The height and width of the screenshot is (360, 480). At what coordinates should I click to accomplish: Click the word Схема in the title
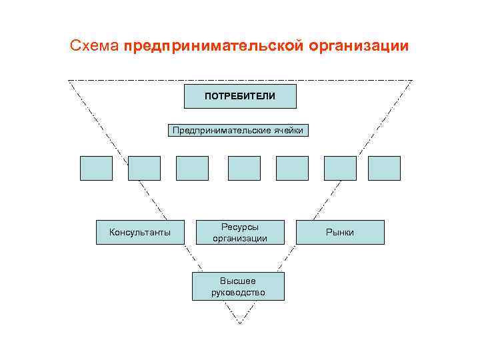(x=95, y=47)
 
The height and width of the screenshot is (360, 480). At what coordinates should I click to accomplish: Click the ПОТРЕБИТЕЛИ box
(x=240, y=97)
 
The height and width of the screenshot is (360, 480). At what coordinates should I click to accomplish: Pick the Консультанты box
(x=140, y=232)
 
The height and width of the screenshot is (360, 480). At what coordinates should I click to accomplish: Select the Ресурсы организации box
(x=240, y=232)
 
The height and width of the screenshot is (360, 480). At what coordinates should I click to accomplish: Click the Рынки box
(x=340, y=232)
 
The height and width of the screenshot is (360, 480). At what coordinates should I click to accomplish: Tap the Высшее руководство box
(x=238, y=286)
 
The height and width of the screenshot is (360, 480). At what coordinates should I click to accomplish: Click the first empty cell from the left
(x=96, y=168)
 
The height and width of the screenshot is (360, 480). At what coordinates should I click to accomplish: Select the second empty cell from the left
(x=144, y=168)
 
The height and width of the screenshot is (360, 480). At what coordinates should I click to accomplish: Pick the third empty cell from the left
(x=192, y=168)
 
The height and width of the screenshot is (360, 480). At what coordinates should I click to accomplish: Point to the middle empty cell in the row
(x=244, y=168)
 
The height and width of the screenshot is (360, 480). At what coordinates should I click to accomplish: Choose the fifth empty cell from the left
(x=292, y=168)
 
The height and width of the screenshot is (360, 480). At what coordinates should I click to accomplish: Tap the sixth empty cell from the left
(x=340, y=168)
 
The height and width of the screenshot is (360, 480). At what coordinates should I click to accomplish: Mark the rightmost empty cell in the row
(x=384, y=168)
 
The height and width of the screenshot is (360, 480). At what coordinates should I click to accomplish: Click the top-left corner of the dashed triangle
(x=69, y=81)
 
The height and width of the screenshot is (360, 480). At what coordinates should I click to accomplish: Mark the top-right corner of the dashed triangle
(x=412, y=81)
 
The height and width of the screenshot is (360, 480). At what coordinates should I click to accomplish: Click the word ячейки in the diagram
(x=287, y=130)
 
